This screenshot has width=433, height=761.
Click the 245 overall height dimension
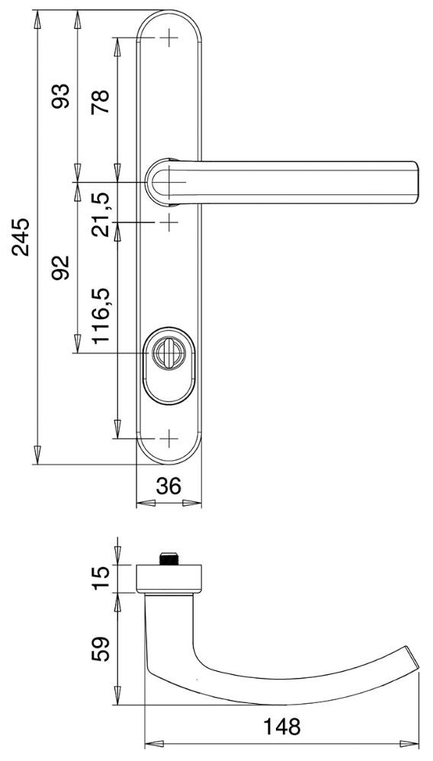21,237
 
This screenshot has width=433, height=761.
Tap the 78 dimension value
101,101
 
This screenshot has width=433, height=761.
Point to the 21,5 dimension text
101,215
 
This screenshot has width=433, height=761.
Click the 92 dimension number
62,267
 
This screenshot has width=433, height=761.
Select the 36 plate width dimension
168,485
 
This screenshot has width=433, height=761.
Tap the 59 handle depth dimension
101,649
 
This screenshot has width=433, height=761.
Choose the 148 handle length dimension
281,727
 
